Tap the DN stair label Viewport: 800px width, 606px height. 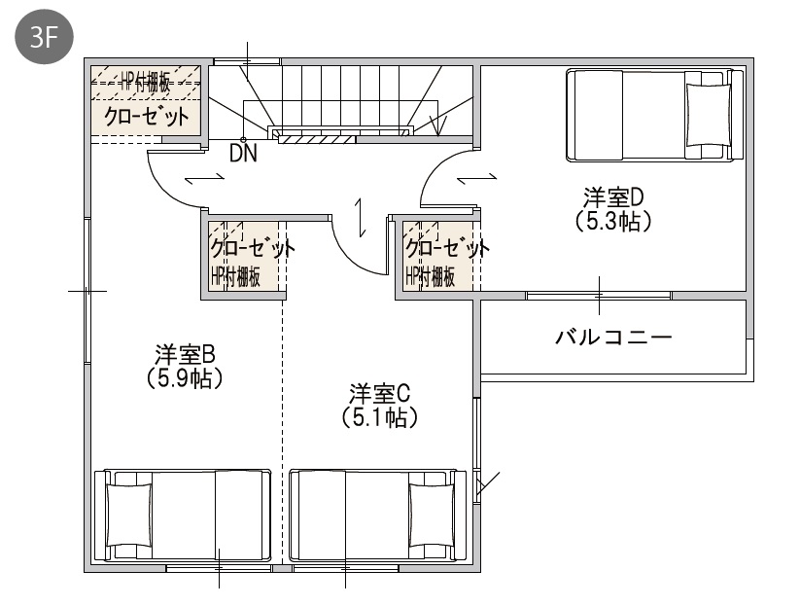click(x=243, y=153)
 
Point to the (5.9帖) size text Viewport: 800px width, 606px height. click(x=184, y=378)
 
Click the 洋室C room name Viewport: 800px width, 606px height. click(x=380, y=394)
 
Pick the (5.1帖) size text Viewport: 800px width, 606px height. click(x=380, y=417)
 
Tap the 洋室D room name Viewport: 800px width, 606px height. click(x=613, y=196)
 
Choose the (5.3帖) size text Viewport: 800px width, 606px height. click(x=613, y=221)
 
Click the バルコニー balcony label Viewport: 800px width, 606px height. click(x=613, y=338)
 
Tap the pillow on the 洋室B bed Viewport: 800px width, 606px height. click(x=129, y=516)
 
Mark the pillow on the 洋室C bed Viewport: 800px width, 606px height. click(x=432, y=516)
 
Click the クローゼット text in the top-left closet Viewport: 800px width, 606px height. click(x=147, y=117)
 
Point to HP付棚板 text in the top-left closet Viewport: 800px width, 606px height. click(x=146, y=82)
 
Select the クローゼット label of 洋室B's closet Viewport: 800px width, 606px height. click(x=253, y=249)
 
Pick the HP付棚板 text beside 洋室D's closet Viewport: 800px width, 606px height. click(x=430, y=277)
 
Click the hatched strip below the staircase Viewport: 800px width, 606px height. click(x=317, y=139)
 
